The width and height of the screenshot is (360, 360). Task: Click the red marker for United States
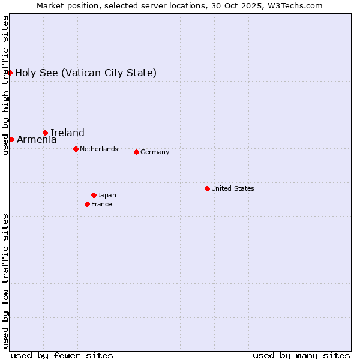[207, 188]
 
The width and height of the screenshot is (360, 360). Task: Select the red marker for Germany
[136, 152]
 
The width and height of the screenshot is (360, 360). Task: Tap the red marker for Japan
[94, 195]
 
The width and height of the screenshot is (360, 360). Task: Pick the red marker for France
[87, 204]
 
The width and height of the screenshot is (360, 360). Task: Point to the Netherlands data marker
[76, 149]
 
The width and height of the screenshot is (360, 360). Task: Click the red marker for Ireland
[45, 133]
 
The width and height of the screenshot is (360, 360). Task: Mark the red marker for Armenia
[11, 139]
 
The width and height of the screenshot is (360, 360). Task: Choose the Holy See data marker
[10, 73]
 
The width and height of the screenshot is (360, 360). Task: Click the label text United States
[233, 188]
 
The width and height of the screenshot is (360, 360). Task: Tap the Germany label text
[155, 152]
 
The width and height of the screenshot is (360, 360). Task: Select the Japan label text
[107, 195]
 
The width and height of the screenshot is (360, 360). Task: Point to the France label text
[101, 204]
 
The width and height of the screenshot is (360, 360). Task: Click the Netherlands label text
[99, 149]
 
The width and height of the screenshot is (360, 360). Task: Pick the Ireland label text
[67, 133]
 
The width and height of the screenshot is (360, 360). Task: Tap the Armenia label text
[37, 139]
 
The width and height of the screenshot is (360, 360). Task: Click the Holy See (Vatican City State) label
[86, 73]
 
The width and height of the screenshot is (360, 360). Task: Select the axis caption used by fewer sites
[62, 355]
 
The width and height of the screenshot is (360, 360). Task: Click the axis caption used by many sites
[301, 355]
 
